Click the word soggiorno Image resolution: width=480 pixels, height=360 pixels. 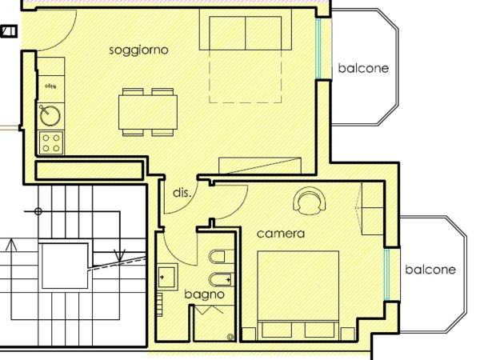click(x=138, y=50)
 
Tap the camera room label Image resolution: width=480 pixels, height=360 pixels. click(x=280, y=234)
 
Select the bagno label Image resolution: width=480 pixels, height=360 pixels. click(x=204, y=294)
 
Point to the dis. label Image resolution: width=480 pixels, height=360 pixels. click(x=181, y=193)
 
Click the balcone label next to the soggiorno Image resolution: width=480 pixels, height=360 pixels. click(x=362, y=68)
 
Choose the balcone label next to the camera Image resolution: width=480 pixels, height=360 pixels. click(x=430, y=270)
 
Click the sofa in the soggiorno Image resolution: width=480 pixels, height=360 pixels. click(x=246, y=32)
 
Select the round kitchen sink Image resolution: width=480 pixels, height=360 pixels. click(x=50, y=115)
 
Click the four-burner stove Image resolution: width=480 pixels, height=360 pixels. click(x=51, y=142)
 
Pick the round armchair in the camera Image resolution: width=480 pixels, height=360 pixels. click(x=310, y=200)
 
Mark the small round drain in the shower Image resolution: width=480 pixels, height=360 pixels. click(x=231, y=336)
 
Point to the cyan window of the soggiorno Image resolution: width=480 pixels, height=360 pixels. click(x=318, y=48)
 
